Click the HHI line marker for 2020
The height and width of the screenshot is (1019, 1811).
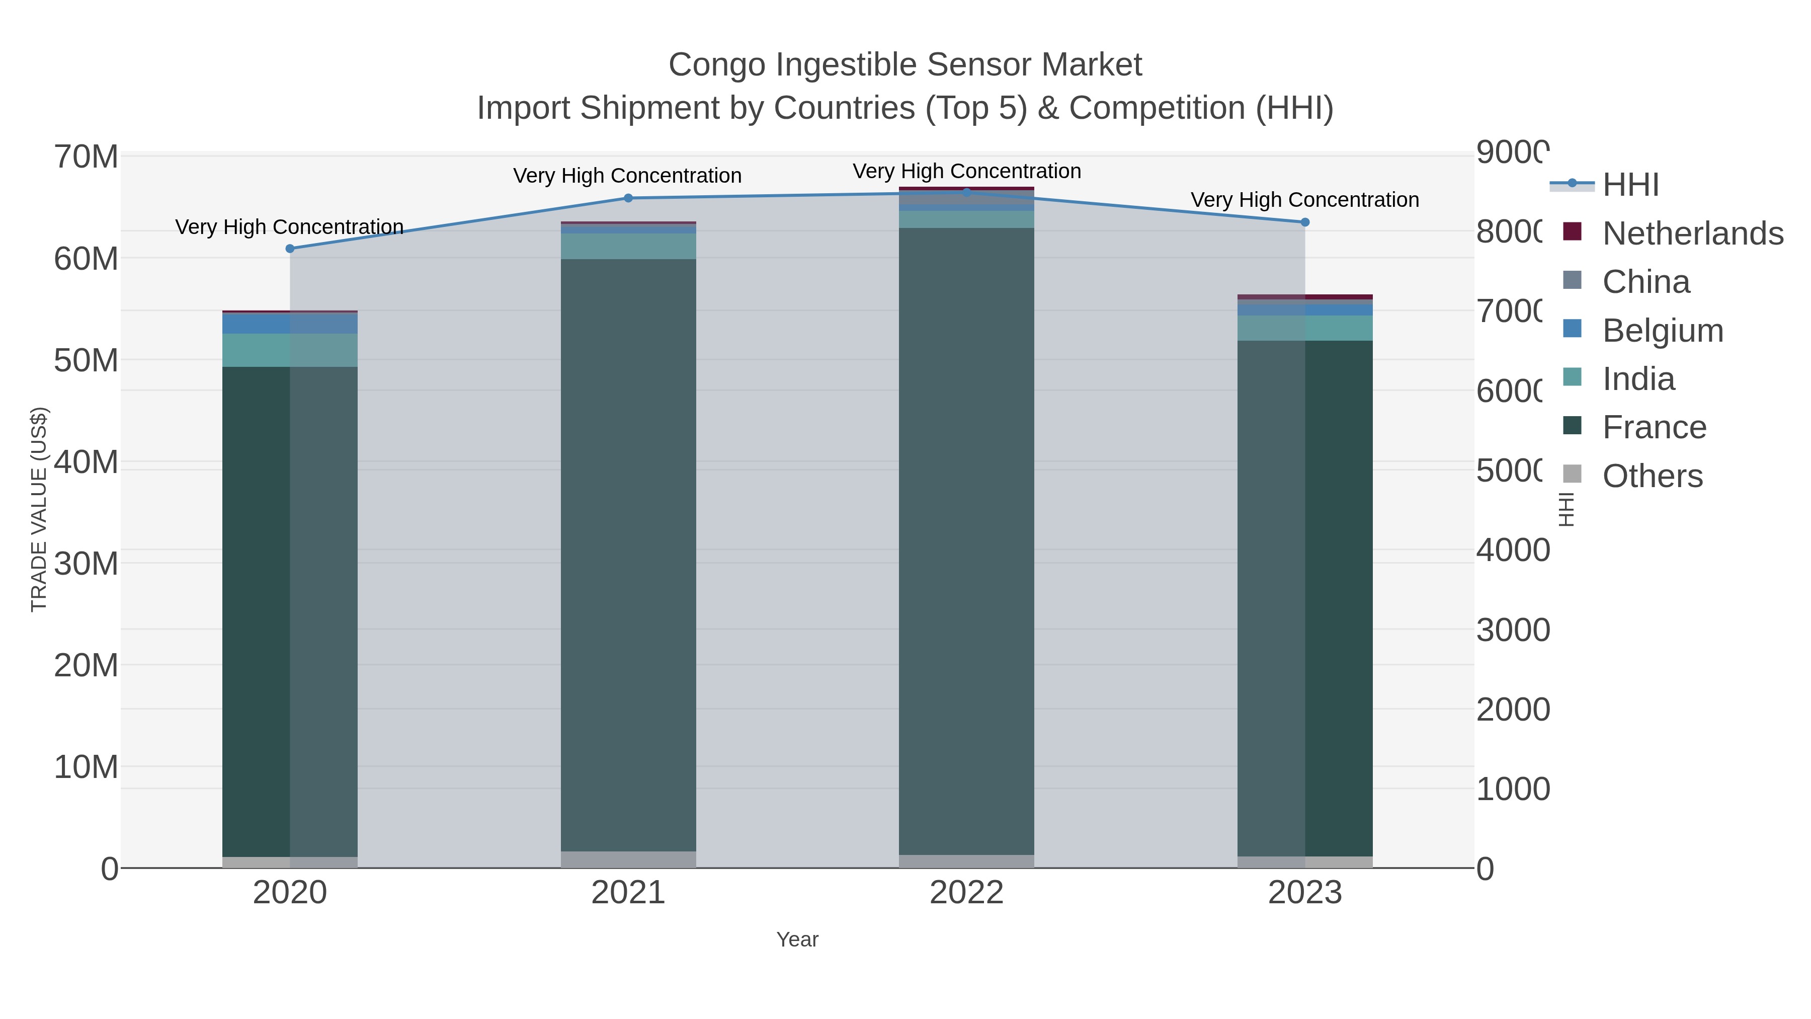290,248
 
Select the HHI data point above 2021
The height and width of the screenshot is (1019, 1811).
628,198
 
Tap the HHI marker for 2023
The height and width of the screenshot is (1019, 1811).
1305,222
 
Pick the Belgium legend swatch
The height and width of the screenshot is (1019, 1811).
1572,329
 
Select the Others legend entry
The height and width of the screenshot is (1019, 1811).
1652,476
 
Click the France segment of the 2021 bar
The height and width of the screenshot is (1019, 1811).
628,556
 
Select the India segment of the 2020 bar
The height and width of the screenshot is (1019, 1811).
290,350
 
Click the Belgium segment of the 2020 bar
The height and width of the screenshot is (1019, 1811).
290,324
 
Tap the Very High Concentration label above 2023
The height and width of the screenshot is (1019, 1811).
1305,200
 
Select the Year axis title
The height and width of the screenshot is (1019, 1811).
797,939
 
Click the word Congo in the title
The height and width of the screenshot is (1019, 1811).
716,65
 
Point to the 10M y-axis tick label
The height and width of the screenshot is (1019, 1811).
86,767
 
